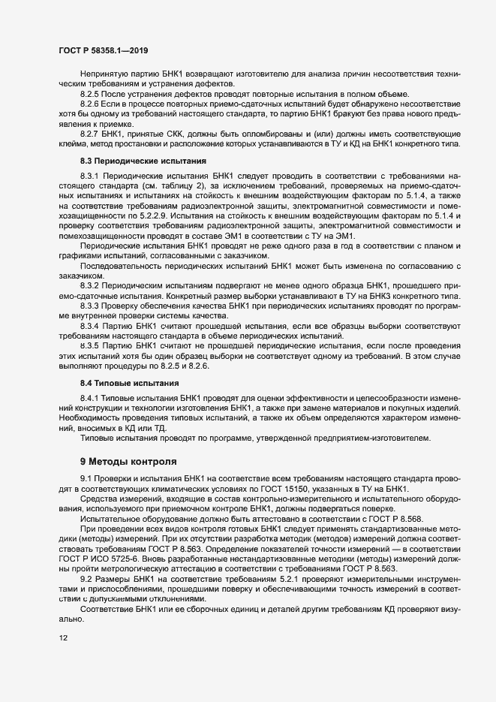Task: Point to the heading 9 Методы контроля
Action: pos(128,460)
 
